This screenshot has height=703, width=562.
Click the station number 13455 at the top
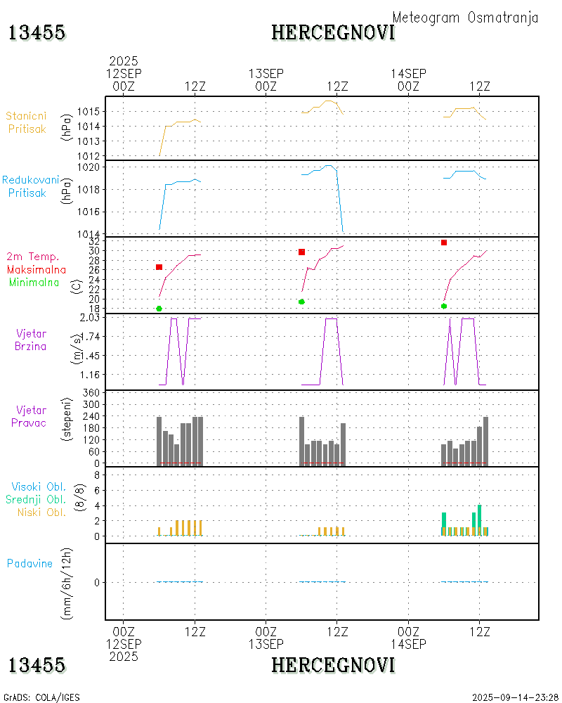pos(37,32)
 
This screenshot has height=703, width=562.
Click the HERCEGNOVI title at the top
pos(333,32)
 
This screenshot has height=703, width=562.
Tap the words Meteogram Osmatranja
pos(465,18)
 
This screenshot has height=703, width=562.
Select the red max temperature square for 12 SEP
pos(159,267)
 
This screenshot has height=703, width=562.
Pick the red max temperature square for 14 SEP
pos(444,243)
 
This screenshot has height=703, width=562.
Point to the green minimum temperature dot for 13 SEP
pos(301,302)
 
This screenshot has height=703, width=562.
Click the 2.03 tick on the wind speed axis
pos(91,318)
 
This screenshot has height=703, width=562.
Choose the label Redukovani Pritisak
pos(31,186)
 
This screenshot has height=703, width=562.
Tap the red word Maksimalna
pos(37,269)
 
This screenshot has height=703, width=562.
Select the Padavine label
pos(30,563)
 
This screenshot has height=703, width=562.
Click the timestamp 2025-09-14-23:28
pos(515,697)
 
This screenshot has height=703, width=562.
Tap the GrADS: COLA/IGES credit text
pos(42,697)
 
